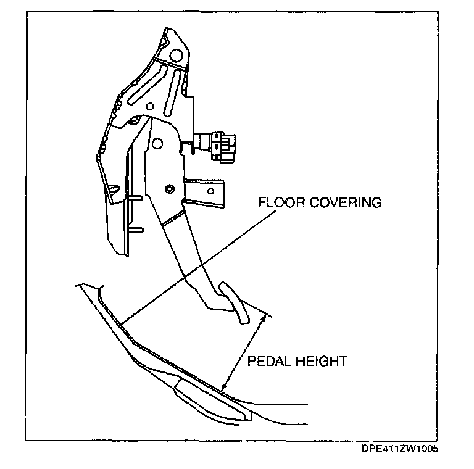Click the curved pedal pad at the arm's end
pos(233,302)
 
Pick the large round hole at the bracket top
pos(176,56)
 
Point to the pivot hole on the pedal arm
pos(158,144)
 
